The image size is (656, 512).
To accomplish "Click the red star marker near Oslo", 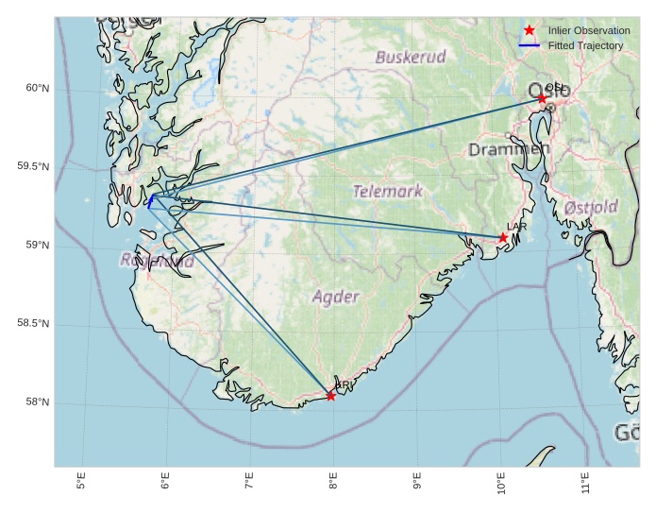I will click(542, 98).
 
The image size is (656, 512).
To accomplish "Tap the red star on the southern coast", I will click(331, 396).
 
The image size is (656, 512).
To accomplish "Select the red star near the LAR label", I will click(503, 237).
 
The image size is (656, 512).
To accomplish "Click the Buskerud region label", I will click(411, 57).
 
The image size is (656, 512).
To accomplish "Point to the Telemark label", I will click(388, 191).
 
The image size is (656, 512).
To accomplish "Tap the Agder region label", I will click(336, 297).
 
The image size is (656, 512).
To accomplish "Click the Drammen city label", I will click(509, 149).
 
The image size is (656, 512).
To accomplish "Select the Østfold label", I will click(591, 207).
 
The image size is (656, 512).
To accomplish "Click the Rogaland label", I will click(158, 261).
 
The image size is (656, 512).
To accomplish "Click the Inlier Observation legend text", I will click(589, 31).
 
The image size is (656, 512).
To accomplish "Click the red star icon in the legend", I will click(530, 31).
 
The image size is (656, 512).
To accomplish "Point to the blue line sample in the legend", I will click(530, 46).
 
